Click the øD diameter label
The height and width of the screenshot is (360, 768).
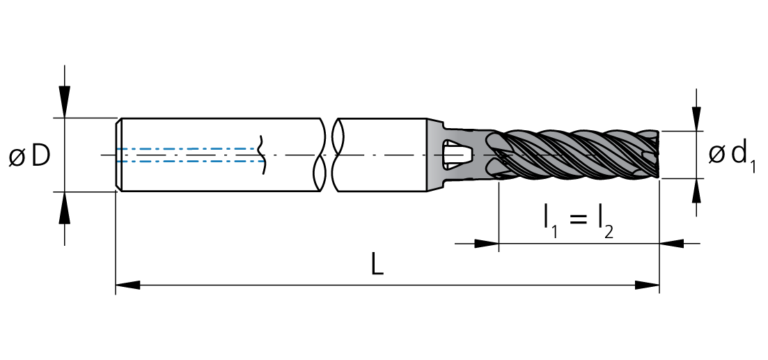29,156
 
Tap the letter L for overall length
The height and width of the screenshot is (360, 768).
377,265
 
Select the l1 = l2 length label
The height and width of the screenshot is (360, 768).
578,221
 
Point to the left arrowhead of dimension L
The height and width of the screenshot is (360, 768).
128,285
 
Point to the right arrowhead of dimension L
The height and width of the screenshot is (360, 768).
646,285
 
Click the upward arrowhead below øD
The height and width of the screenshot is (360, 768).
65,207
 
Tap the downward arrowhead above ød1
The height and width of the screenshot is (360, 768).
696,118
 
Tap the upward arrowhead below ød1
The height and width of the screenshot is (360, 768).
696,191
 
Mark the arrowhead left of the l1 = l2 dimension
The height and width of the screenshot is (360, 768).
486,244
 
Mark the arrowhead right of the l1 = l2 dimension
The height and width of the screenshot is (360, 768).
671,244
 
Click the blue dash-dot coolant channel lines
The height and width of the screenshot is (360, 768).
188,155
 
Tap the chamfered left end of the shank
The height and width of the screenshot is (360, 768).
119,155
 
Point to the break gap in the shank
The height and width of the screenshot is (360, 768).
329,155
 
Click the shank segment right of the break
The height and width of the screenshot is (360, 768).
383,155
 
